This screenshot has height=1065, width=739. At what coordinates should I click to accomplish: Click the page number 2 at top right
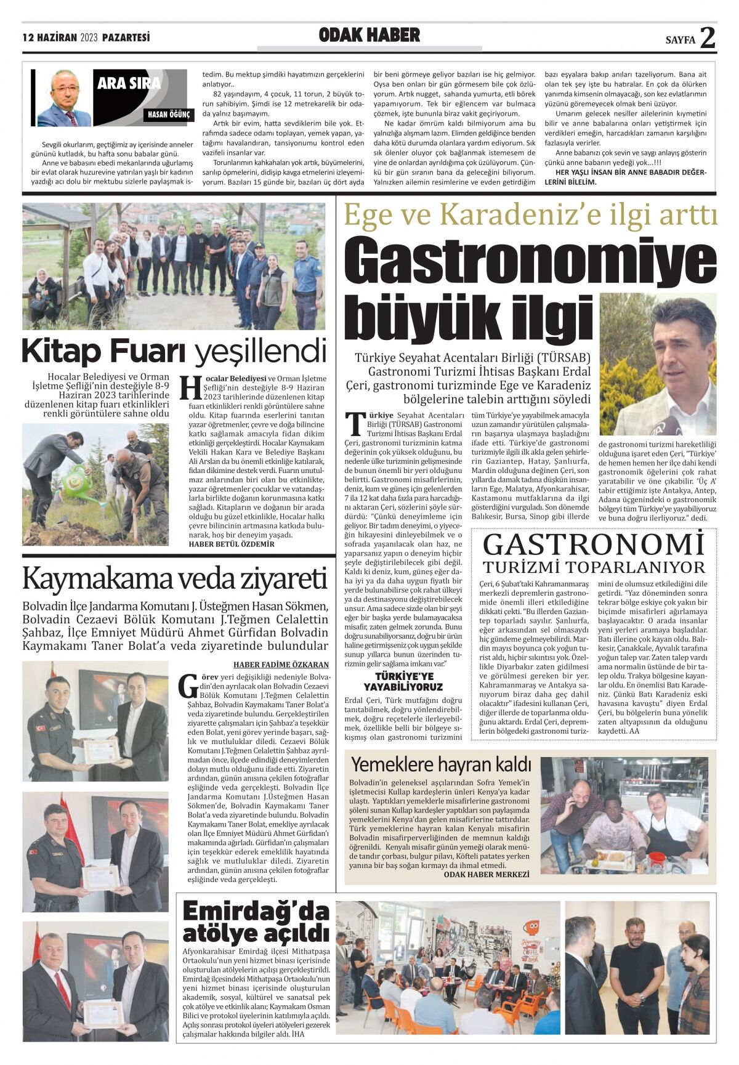pos(708,38)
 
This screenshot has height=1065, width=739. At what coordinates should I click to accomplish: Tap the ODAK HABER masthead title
pos(369,35)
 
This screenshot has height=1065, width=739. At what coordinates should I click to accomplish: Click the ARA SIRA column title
pos(129,83)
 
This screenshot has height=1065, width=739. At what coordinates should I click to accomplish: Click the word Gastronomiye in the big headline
pos(530,262)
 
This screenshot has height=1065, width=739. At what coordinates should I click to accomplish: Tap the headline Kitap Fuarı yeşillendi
pos(174,352)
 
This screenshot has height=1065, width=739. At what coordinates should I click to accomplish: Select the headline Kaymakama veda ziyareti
pos(174,578)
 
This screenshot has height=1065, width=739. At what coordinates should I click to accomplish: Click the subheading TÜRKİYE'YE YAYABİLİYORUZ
pos(403,681)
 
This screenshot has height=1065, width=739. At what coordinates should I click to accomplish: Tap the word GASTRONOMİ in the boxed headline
pos(594,545)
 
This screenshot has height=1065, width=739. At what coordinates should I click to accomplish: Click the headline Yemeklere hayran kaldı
pos(441,764)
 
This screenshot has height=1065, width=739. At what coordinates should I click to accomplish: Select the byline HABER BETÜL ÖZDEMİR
pos(232,545)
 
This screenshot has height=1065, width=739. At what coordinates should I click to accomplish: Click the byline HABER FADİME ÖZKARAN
pos(281,665)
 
